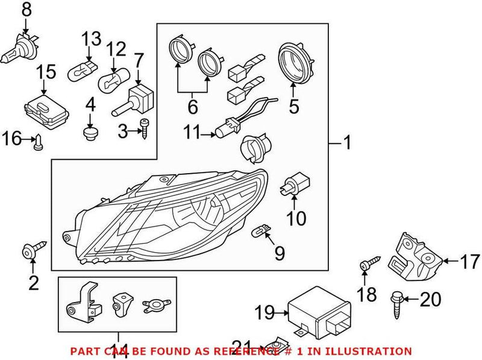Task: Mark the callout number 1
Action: pos(346,144)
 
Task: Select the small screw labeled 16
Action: pos(37,142)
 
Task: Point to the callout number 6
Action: pos(192,107)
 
